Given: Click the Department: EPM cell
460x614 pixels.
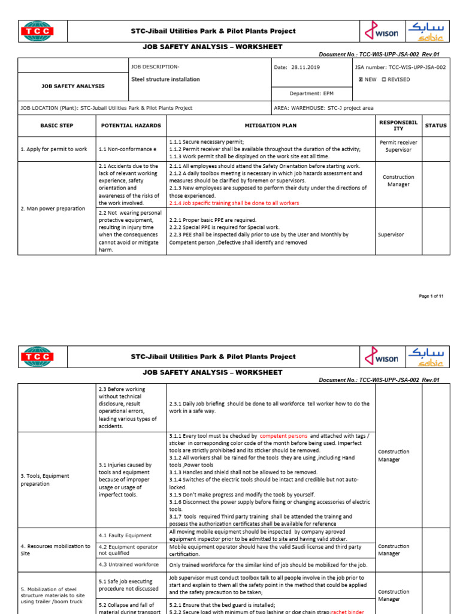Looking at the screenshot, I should point(311,94).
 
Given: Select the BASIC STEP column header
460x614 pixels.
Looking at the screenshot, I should point(56,126).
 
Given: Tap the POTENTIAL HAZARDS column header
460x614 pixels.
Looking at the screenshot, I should point(131,126).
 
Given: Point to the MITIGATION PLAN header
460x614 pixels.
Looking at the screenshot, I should point(270,126).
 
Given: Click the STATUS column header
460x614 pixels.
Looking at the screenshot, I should point(435,126).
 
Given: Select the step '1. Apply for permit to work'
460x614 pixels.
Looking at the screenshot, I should point(54,149).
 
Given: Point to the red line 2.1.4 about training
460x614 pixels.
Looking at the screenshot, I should point(234,203).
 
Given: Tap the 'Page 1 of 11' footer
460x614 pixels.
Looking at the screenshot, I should point(431,296).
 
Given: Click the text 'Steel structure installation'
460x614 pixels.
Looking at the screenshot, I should point(165,79).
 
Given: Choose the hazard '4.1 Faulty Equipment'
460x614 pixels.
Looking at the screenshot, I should point(125,535).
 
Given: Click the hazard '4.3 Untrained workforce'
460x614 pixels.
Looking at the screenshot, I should point(128,564).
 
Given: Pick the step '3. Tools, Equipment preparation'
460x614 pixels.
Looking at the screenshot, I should point(45,480).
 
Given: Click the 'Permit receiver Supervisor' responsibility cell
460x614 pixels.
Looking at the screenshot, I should point(398,146).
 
